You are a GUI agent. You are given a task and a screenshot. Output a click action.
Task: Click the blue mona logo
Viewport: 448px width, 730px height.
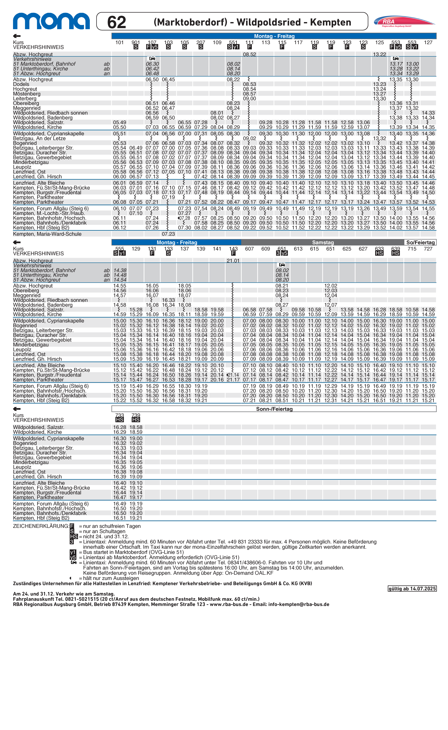click(x=51, y=21)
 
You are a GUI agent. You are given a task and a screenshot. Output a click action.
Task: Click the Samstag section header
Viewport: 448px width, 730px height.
click(x=323, y=242)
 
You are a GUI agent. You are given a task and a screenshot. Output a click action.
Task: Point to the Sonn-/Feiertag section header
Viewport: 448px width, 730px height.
click(x=274, y=409)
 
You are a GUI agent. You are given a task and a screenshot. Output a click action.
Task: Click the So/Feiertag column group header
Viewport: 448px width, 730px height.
click(x=420, y=242)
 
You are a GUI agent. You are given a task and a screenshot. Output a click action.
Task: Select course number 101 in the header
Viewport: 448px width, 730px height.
click(x=119, y=42)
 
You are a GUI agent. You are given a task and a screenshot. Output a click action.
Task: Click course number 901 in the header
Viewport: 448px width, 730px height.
click(x=136, y=42)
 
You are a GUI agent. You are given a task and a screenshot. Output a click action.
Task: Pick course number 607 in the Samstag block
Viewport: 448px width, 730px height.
click(x=250, y=249)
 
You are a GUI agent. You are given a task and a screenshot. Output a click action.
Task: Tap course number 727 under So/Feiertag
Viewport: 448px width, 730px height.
click(x=428, y=249)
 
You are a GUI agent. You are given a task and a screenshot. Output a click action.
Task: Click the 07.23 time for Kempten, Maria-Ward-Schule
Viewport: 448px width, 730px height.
click(x=168, y=234)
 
